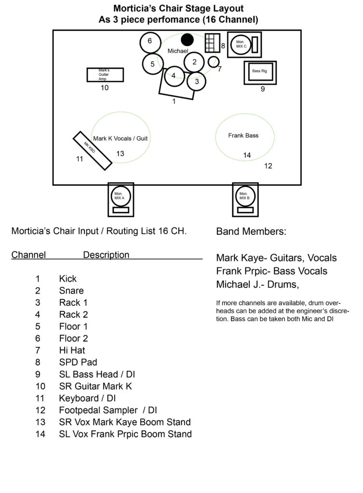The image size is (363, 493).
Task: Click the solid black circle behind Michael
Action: point(188,40)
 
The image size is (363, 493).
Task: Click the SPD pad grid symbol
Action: point(212,43)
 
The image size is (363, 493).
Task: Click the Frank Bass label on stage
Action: point(243,135)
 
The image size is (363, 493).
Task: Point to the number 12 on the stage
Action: point(268,166)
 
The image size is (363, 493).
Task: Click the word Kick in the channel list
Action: point(67,279)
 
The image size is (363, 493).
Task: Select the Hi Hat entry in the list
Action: point(72,350)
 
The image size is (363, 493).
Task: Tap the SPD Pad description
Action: point(78,362)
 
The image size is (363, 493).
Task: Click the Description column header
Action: point(106,255)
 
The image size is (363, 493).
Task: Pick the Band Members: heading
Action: point(251,232)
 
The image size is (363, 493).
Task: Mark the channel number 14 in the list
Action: point(40,434)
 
